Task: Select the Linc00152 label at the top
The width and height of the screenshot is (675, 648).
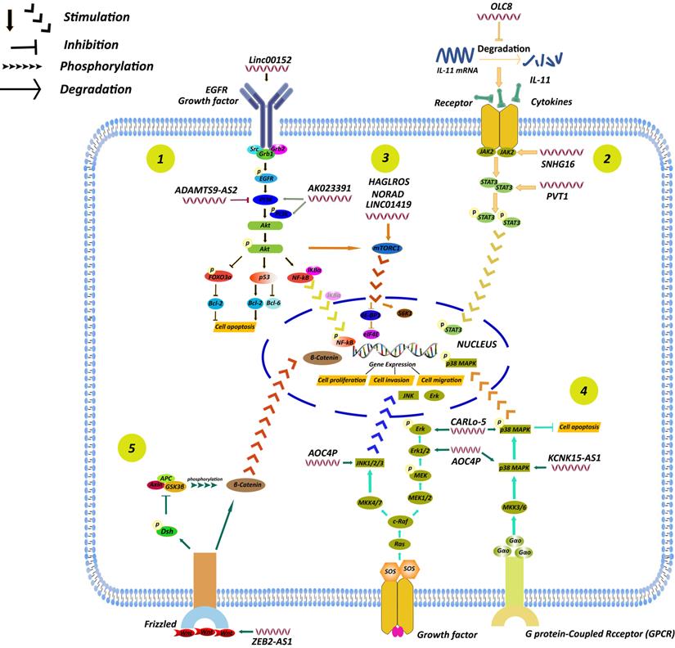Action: [x=269, y=62]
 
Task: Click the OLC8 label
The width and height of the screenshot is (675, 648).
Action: [x=502, y=8]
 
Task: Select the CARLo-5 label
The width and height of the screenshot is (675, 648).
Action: [x=470, y=423]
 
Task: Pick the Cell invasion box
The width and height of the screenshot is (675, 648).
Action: [x=390, y=380]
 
